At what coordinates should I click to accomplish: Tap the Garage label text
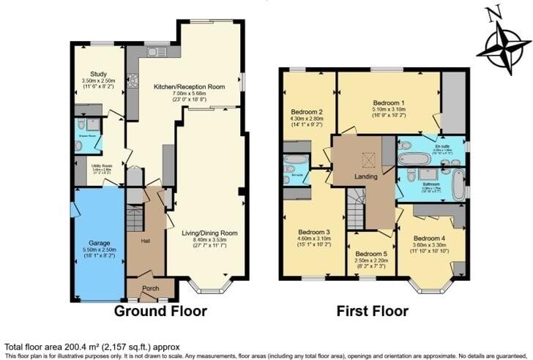pos(99,243)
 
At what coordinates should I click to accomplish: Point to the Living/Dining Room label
pos(210,233)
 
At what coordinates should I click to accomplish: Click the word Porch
pos(150,288)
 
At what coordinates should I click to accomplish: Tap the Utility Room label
pos(101,167)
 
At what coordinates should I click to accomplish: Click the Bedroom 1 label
pos(389,103)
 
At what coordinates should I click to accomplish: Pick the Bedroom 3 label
pos(313,232)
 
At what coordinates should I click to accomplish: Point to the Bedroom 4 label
pos(429,239)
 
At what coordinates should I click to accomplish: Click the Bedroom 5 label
pos(370,254)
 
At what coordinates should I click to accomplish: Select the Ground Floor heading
pos(160,311)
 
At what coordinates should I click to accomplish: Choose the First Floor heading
pos(372,311)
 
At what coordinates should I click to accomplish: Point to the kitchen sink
pos(156,52)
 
